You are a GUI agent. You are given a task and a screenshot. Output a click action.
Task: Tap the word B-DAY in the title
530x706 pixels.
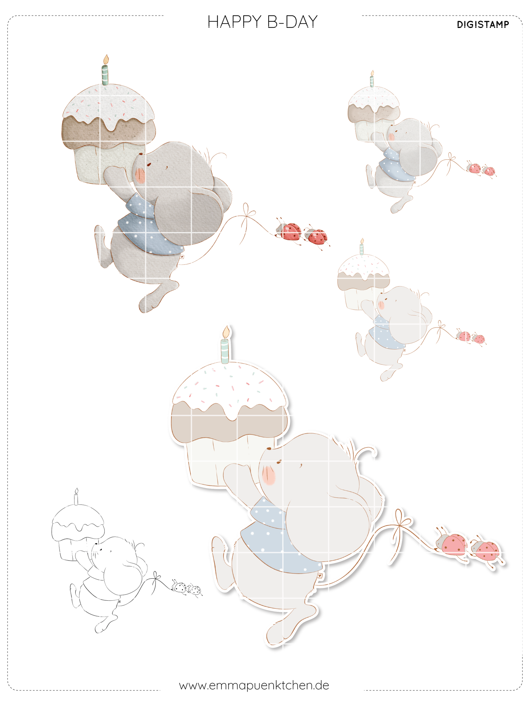pos(292,22)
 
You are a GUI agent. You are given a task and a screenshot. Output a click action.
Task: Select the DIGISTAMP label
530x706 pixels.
pos(483,25)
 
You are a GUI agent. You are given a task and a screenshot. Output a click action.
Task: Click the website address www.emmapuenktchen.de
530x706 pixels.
pos(254,685)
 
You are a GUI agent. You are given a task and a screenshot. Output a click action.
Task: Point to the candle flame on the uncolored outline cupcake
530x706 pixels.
pos(76,491)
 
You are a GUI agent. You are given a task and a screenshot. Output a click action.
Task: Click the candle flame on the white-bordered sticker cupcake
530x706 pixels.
pos(226,332)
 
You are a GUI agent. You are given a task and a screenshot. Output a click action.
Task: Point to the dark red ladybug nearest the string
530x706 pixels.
pos(289,231)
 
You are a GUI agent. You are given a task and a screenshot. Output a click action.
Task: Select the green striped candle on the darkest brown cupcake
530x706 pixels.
pos(105,75)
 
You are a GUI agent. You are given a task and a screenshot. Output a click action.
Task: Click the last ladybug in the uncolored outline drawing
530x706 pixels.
pos(194,590)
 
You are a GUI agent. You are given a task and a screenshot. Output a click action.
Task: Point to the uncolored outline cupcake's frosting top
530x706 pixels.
pos(78,517)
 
